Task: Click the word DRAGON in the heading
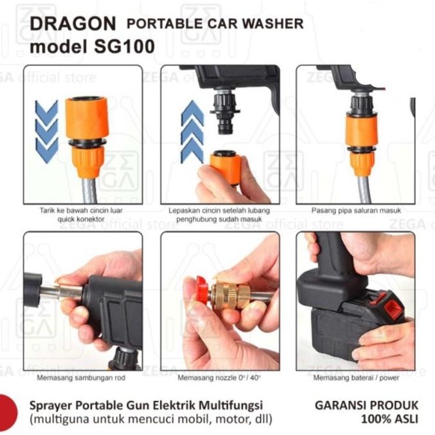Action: pyautogui.click(x=73, y=24)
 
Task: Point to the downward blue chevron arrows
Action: pyautogui.click(x=47, y=131)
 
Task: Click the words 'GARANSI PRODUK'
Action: pyautogui.click(x=366, y=405)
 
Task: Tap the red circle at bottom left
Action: pyautogui.click(x=6, y=410)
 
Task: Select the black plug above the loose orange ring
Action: pyautogui.click(x=225, y=116)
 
